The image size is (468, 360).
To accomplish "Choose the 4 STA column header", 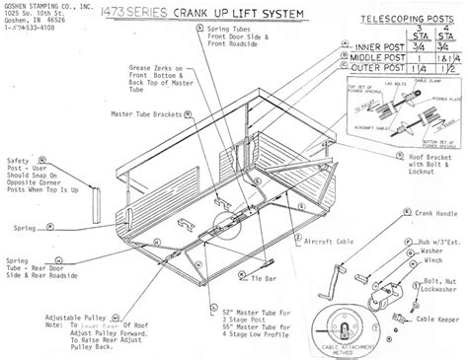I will click(x=448, y=28).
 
